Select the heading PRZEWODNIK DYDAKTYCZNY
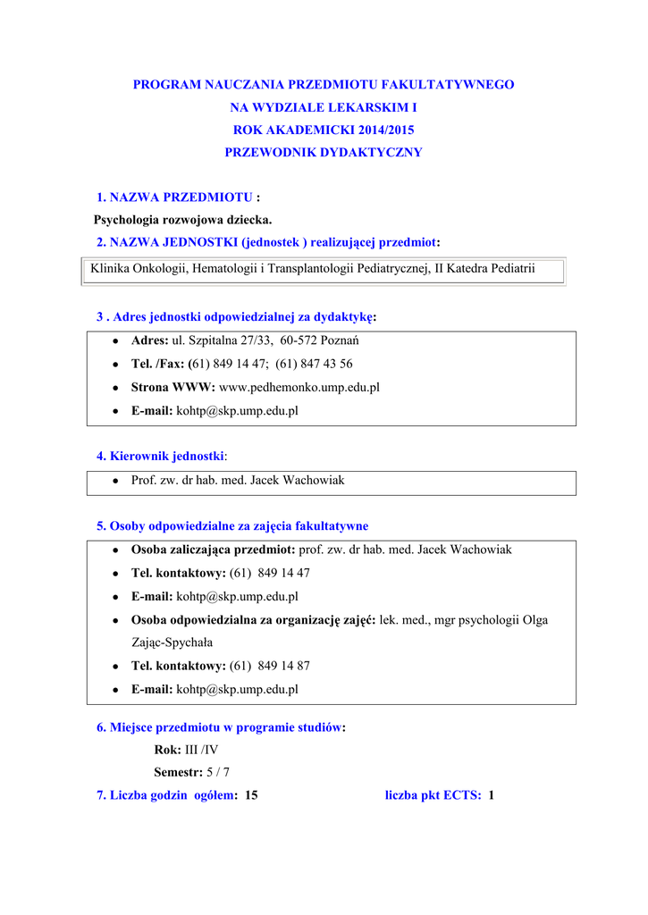click(x=324, y=153)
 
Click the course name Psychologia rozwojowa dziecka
click(x=183, y=219)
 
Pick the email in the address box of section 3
click(x=237, y=410)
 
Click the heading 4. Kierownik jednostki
click(x=161, y=456)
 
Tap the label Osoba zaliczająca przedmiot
click(x=213, y=550)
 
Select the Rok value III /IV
click(x=201, y=750)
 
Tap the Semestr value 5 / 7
click(x=218, y=772)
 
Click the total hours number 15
click(x=251, y=794)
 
